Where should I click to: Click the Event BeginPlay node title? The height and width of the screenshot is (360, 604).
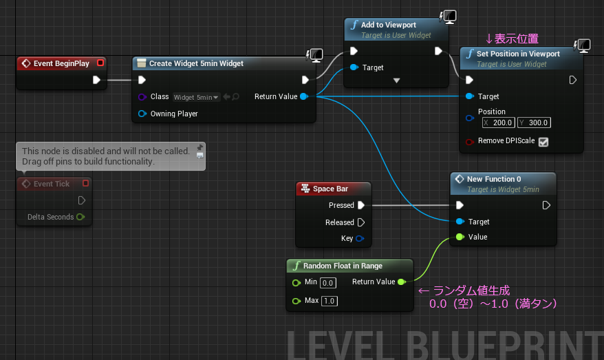61,63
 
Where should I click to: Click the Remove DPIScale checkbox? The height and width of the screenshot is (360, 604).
543,142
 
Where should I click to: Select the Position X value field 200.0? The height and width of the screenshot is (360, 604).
499,123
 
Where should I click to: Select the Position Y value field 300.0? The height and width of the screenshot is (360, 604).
534,123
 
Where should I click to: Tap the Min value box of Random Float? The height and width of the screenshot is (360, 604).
328,283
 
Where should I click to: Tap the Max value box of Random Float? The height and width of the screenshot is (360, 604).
330,301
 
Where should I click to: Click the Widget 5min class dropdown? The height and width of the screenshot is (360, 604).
196,97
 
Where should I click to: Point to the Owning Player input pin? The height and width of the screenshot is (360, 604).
142,114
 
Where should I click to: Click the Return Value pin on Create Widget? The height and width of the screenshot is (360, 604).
304,96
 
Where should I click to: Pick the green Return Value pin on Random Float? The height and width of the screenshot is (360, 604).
401,282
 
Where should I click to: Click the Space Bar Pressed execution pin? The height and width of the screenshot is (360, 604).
361,205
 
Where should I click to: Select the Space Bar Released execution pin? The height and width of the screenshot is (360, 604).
361,222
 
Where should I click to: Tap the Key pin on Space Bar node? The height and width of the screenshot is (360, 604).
360,239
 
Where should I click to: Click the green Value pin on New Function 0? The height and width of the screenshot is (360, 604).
460,237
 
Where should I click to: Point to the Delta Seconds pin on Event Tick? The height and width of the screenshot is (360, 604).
80,217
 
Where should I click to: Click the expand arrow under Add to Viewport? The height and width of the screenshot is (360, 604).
396,81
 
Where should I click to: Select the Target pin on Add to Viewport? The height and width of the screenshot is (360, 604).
354,67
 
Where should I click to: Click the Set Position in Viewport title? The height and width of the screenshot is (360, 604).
518,54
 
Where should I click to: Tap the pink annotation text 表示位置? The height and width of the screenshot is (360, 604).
516,39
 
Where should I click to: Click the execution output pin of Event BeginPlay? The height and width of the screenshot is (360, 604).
96,80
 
